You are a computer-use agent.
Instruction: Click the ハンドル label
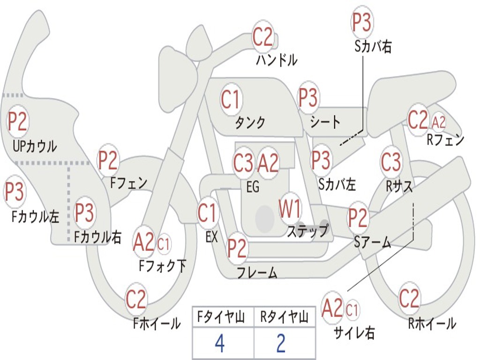[277, 60]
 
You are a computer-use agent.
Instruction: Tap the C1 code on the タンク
[231, 99]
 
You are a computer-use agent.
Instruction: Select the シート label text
[325, 122]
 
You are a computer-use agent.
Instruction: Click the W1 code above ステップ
[291, 209]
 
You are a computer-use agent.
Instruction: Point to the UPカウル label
[35, 146]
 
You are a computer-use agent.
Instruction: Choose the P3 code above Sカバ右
[361, 23]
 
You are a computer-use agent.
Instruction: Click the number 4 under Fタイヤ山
[219, 344]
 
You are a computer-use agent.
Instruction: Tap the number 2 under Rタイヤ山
[281, 344]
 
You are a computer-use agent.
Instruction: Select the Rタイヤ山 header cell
[284, 318]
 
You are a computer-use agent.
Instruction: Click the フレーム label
[257, 273]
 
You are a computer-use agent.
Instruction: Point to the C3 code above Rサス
[391, 162]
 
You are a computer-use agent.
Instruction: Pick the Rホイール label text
[432, 323]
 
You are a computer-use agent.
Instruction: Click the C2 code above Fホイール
[136, 299]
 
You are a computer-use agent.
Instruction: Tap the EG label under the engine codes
[253, 187]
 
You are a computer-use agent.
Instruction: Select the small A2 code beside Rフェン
[439, 122]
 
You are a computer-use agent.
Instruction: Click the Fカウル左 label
[36, 216]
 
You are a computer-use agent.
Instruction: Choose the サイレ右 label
[354, 333]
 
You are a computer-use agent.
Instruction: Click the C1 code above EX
[207, 213]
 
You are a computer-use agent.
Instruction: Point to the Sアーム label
[372, 242]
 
